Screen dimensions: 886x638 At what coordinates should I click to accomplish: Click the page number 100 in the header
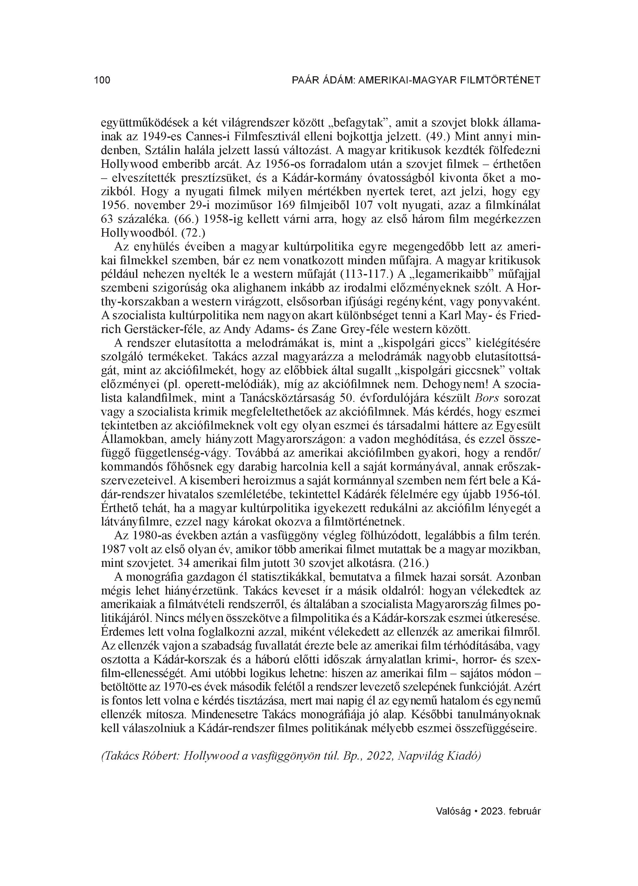(x=102, y=80)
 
